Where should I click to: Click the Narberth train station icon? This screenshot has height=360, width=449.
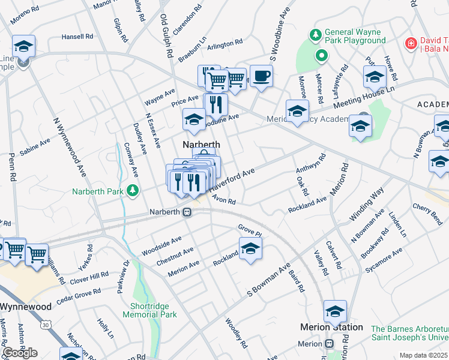click(x=187, y=212)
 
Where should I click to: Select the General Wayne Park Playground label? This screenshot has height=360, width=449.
click(x=355, y=36)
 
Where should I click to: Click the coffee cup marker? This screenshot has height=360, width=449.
click(x=261, y=76)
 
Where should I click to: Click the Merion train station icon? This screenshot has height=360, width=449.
click(x=329, y=344)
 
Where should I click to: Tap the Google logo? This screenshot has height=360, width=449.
click(x=20, y=352)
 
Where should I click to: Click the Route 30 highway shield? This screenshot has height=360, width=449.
click(x=46, y=325)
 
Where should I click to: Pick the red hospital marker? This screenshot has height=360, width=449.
click(x=411, y=43)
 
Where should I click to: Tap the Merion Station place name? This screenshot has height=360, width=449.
click(x=331, y=327)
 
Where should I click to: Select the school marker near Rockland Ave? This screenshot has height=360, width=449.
click(x=250, y=248)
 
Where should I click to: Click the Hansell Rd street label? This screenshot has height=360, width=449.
click(x=77, y=37)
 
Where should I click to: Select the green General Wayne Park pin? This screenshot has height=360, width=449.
click(x=322, y=56)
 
